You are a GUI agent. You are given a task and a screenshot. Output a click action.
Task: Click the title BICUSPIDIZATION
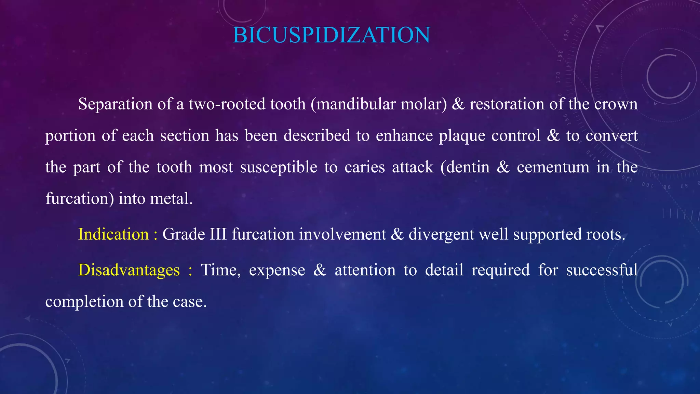coord(331,35)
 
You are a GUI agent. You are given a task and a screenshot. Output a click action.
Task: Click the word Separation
coord(115,104)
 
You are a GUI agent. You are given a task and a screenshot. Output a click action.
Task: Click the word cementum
coord(553,167)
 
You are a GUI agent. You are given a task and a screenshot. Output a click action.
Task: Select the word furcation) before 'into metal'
coord(79,199)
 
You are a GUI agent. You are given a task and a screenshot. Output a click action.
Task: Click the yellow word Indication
coord(113,235)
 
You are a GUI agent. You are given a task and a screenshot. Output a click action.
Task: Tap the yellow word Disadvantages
coord(129,270)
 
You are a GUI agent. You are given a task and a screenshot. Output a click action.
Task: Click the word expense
coord(277,270)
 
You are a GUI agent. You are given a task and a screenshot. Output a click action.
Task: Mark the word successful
coord(602,270)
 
